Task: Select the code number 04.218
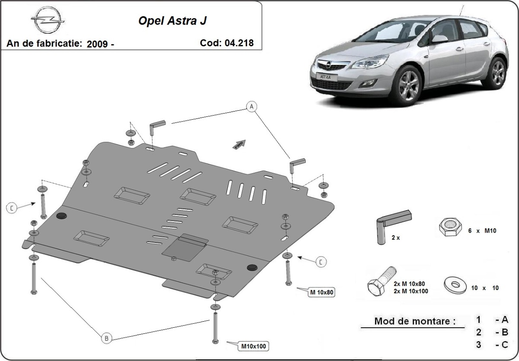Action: coord(239,43)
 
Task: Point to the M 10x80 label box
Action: coord(321,293)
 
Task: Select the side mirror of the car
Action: coord(439,39)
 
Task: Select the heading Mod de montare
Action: coord(415,321)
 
